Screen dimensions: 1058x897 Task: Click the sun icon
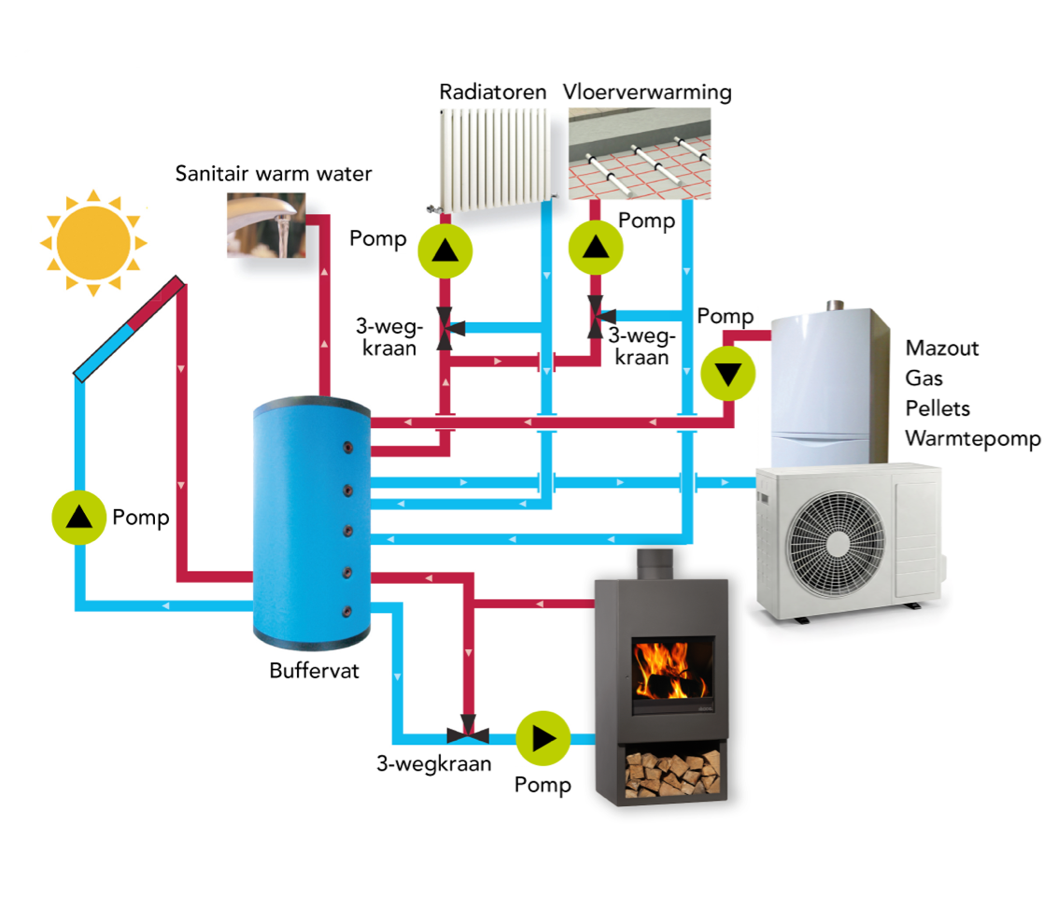[93, 243]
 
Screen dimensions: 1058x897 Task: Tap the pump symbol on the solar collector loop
[79, 518]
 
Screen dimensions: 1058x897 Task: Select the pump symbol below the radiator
[444, 251]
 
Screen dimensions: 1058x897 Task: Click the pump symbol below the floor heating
[595, 247]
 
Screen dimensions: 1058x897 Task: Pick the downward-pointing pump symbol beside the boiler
[728, 374]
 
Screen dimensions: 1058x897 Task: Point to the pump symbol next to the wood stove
[543, 738]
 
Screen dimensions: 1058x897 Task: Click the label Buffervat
[315, 670]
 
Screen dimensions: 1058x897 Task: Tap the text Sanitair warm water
[274, 174]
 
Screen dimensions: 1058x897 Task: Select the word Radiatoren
[492, 92]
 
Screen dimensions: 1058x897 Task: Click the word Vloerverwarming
[647, 92]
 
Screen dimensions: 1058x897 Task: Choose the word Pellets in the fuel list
[938, 407]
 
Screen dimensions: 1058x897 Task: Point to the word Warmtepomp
[973, 439]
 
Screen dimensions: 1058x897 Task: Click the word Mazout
[942, 348]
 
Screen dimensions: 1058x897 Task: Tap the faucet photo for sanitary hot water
[266, 225]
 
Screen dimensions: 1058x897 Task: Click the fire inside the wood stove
[670, 671]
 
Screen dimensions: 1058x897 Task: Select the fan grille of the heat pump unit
[836, 543]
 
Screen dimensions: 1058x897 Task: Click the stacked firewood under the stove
[672, 774]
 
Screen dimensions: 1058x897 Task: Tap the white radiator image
[494, 159]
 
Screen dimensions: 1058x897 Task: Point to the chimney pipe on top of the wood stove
[656, 565]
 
